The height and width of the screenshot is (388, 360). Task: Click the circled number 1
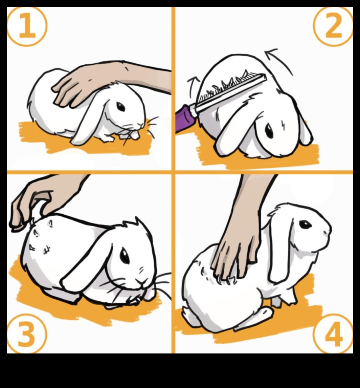(x=27, y=26)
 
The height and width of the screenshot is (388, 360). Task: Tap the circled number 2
(x=333, y=26)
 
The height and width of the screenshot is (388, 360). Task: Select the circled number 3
(x=27, y=333)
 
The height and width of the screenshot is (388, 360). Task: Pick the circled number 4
(x=333, y=333)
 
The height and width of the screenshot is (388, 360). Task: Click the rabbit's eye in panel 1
(x=121, y=107)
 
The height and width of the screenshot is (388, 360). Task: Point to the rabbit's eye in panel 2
(x=269, y=131)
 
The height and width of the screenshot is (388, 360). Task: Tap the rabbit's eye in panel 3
(x=125, y=256)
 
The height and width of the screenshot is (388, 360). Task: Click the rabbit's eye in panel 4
(x=305, y=224)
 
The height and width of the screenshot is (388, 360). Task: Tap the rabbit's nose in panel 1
(x=141, y=124)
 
